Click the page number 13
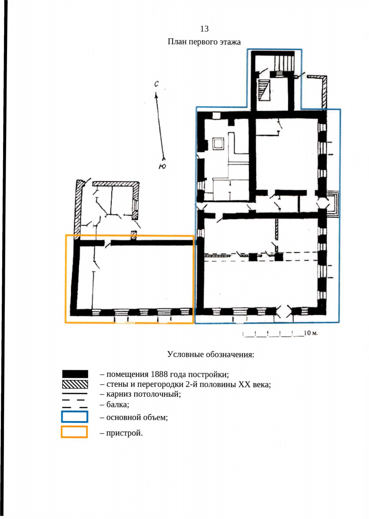[x=204, y=29]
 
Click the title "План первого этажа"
[x=204, y=42]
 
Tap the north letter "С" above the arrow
[x=157, y=84]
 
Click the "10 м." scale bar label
[x=311, y=333]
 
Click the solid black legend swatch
[x=75, y=374]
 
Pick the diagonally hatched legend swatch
[x=75, y=384]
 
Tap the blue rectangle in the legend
[x=75, y=417]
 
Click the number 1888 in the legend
[x=159, y=374]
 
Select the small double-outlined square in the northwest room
[x=218, y=144]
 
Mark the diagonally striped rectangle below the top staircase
[x=264, y=90]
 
